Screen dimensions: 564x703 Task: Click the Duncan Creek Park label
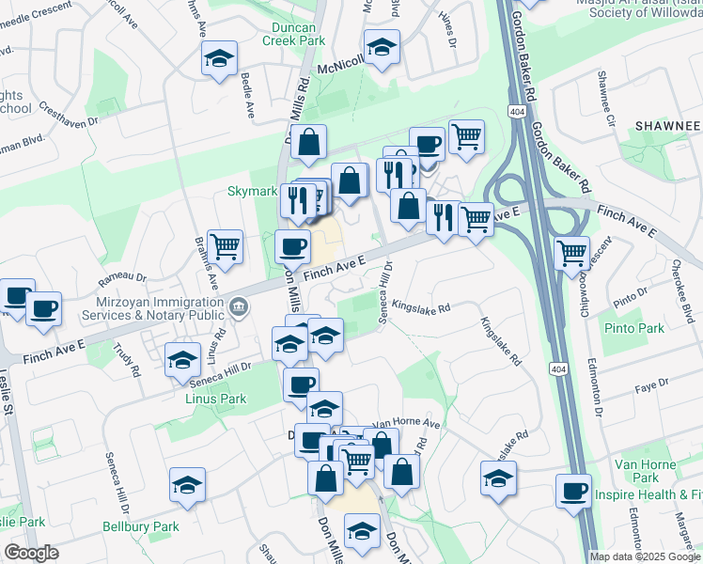[293, 34]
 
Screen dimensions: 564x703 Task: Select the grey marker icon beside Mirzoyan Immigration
[239, 304]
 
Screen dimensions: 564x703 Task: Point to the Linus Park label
[216, 399]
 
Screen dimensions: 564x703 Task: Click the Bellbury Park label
[141, 526]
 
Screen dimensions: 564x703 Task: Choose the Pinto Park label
[636, 328]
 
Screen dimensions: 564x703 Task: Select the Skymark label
[252, 191]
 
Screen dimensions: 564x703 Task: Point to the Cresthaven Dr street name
[70, 122]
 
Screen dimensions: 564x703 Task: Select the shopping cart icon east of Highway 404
[572, 252]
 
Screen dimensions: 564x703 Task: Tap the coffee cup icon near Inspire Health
[573, 490]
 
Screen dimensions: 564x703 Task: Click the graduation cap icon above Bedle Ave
[219, 59]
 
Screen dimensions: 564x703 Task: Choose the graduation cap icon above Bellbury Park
[188, 485]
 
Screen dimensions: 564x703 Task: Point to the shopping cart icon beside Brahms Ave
[226, 246]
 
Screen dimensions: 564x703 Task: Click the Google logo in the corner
[31, 553]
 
